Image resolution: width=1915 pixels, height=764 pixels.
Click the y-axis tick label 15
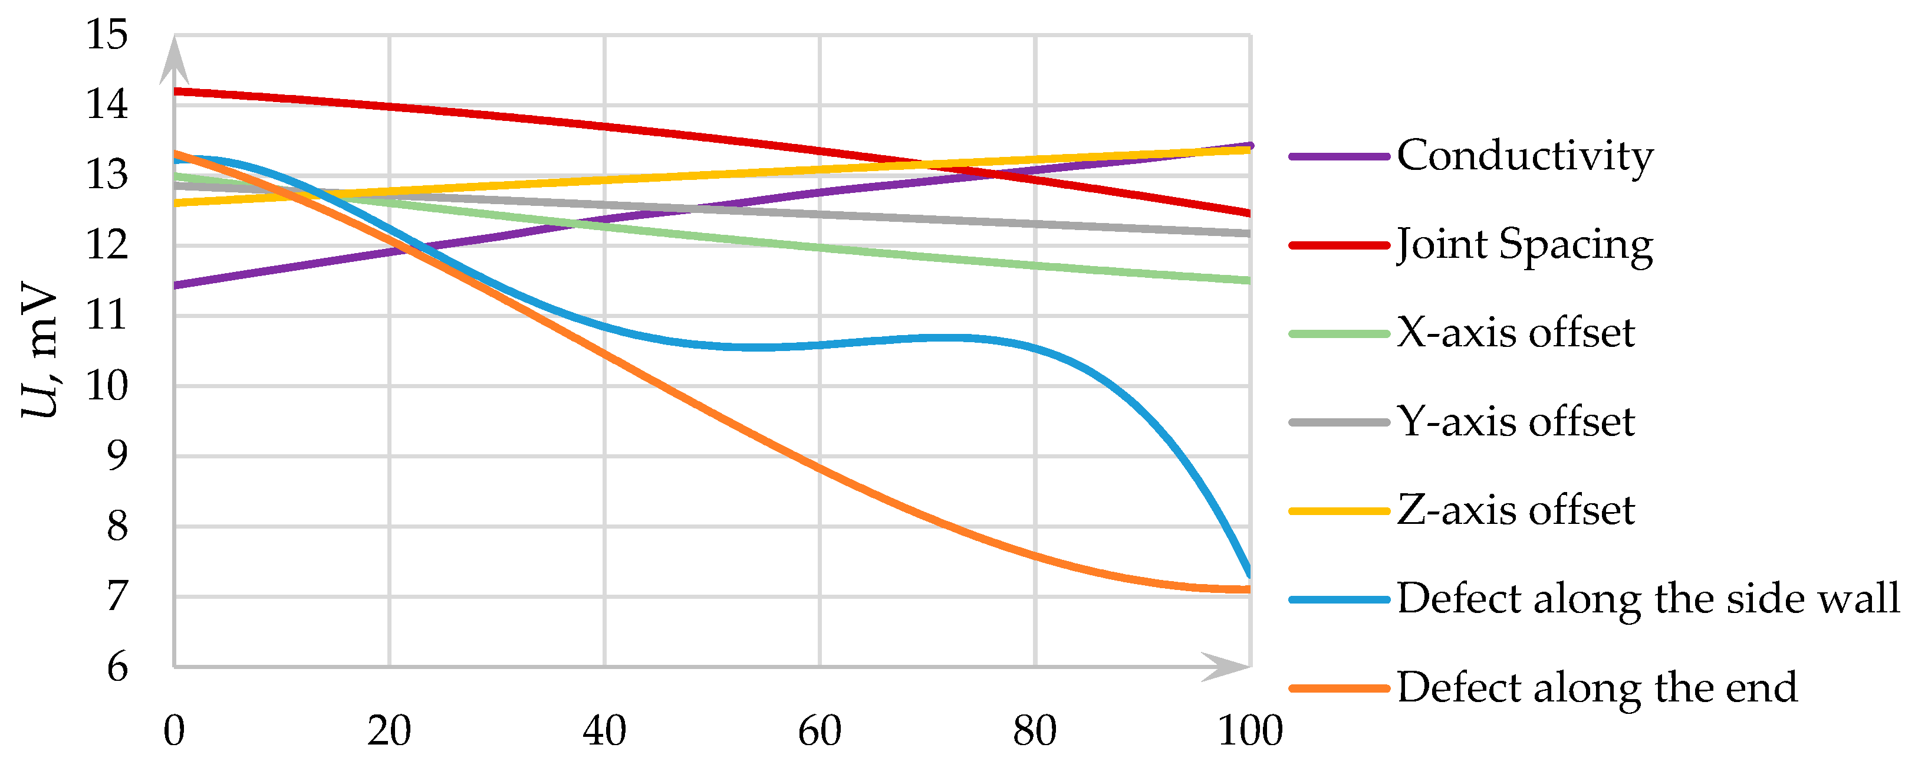pos(107,35)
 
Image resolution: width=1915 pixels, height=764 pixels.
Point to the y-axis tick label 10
pos(107,386)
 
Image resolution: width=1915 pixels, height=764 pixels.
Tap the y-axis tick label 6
pos(117,667)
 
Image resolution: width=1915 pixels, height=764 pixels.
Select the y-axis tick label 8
pos(117,527)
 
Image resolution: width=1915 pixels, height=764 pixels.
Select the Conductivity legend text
pos(1525,156)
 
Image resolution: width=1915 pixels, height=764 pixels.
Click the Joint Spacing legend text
pos(1525,245)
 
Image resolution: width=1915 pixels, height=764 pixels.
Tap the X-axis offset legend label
pos(1516,333)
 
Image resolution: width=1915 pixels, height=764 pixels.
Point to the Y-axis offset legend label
pos(1516,422)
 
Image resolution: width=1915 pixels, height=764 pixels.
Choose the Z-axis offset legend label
pos(1516,510)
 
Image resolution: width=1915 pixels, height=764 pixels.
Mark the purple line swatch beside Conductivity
pos(1339,156)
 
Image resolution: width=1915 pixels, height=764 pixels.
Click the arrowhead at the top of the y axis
pos(174,60)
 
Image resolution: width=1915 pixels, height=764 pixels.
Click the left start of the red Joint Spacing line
pos(177,91)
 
